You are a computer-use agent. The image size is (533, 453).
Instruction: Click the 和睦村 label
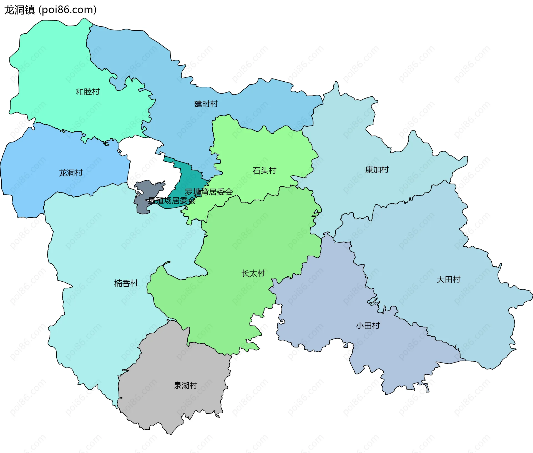point(88,92)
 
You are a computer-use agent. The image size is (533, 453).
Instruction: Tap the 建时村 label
point(206,104)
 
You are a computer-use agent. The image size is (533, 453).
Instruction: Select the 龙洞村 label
point(71,173)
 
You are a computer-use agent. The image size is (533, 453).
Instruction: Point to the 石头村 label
point(264,170)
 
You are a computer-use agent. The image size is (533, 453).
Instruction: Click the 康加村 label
point(377,169)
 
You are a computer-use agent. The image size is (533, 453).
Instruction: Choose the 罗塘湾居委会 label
point(209,192)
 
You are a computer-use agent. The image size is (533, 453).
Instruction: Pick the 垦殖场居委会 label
point(172,201)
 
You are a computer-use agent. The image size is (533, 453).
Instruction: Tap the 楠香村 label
point(126,283)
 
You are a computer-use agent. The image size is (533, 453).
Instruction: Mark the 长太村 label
point(253,273)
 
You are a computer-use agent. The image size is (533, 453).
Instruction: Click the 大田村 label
point(448,279)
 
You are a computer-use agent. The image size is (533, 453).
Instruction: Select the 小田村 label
point(368,325)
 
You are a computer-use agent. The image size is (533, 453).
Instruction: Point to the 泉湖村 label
point(185,385)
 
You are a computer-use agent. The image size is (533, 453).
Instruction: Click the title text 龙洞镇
point(19,10)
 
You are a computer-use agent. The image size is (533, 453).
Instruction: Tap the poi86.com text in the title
point(68,10)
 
